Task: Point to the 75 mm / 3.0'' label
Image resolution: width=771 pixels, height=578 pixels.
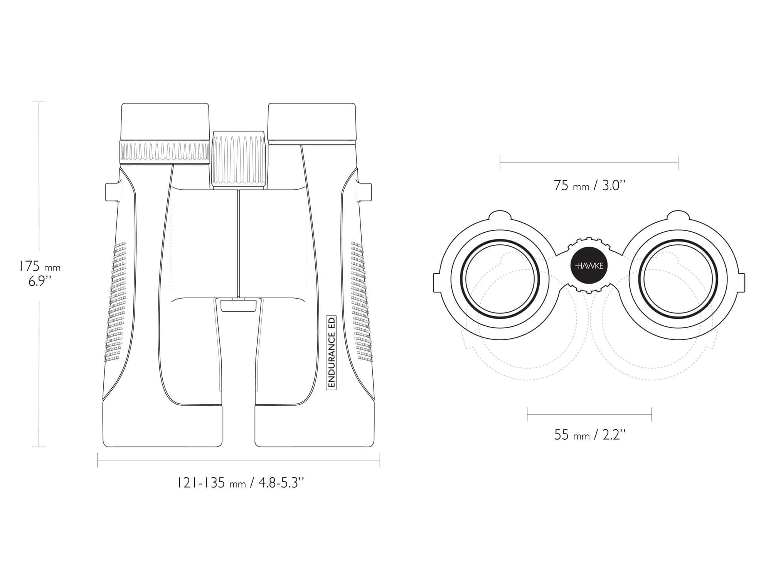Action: [589, 186]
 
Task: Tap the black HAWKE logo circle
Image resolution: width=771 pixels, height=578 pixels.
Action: [589, 266]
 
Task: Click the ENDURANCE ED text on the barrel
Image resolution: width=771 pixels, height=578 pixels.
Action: [332, 352]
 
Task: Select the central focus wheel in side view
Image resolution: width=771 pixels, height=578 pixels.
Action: [239, 160]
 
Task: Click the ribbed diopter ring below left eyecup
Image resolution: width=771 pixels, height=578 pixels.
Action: [165, 153]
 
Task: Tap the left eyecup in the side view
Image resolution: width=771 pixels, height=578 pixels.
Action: [165, 121]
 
